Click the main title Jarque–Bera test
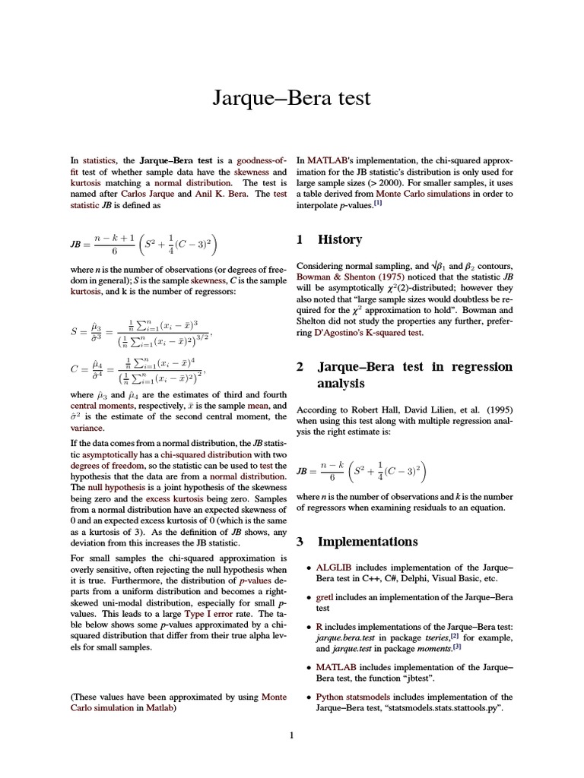pos(291,98)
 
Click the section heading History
pos(339,239)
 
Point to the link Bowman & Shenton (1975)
pos(343,277)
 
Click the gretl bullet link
pos(324,597)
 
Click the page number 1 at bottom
pos(291,735)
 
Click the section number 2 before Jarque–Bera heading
pos(300,367)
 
